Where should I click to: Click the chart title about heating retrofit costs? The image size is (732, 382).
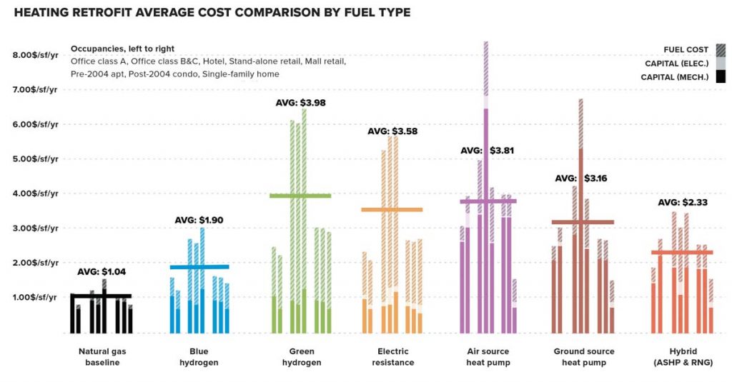pos(212,14)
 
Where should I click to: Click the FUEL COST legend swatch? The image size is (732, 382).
pos(720,50)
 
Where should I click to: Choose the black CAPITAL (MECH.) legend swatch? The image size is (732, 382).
pos(720,77)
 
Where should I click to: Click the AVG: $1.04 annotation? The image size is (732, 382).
pos(102,272)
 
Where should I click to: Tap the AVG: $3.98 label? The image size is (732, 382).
pos(300,103)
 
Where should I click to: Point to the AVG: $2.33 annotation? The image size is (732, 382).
pos(682,203)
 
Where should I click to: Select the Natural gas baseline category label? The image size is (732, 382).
pos(102,357)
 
